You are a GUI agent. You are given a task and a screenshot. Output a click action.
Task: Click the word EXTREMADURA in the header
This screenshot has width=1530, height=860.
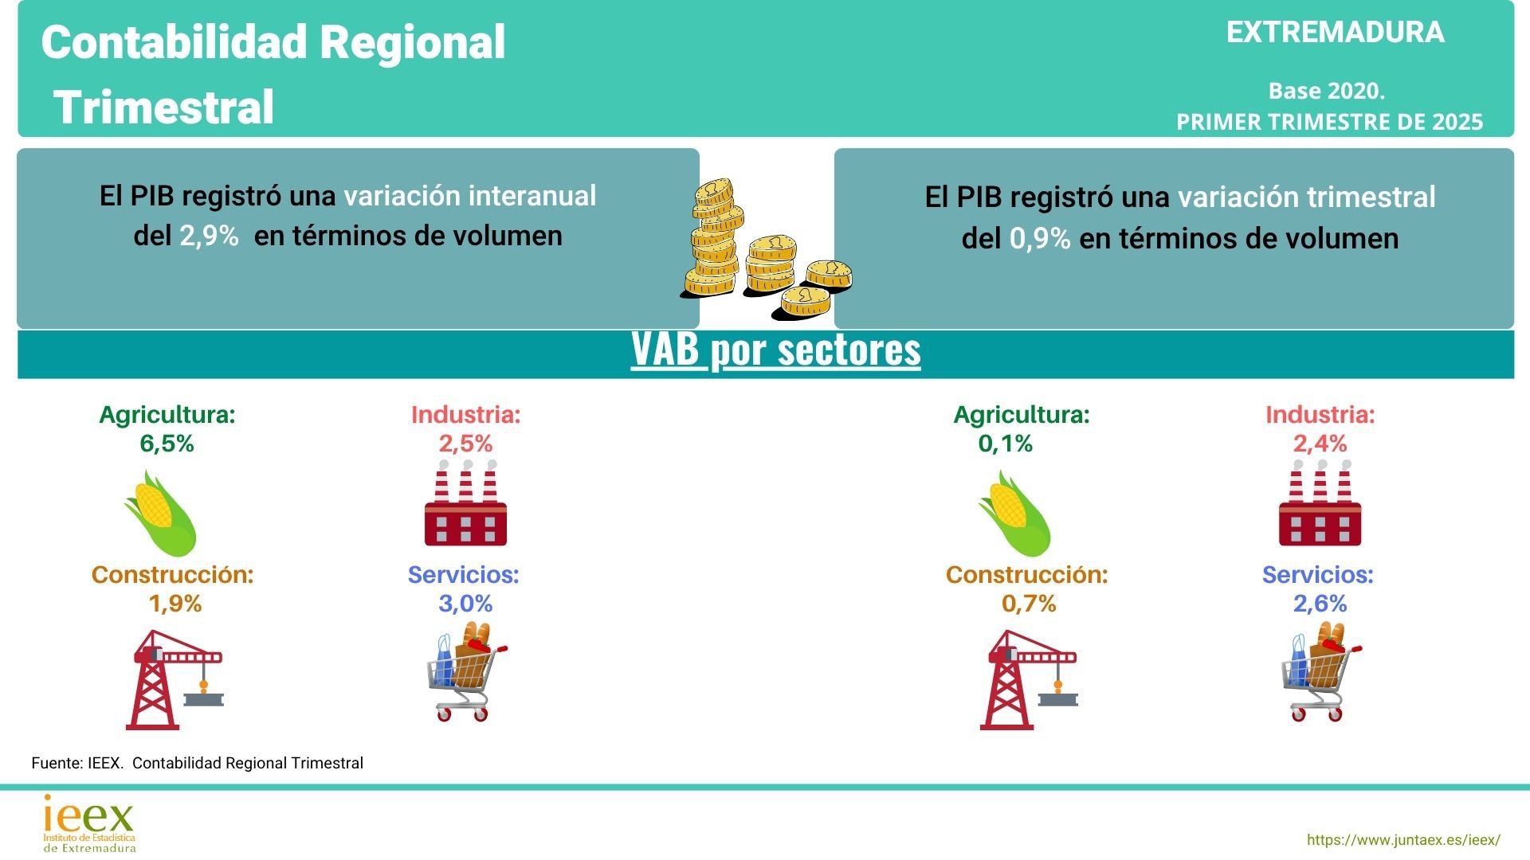[x=1335, y=32]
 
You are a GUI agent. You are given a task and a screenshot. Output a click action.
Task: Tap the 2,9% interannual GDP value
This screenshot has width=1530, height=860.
[x=209, y=236]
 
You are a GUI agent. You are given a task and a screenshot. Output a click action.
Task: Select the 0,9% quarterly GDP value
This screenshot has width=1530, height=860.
[x=1040, y=238]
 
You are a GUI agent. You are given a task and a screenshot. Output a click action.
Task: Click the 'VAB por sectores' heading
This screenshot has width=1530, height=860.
[x=775, y=350]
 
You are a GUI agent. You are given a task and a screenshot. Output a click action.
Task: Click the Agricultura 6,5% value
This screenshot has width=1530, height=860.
[x=167, y=444]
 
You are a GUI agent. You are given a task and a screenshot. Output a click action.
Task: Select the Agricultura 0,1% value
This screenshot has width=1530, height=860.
[x=1006, y=444]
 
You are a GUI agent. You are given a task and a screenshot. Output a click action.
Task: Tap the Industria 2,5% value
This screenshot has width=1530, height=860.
[x=465, y=444]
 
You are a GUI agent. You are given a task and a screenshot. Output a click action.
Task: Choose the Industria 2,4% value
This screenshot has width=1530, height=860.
[x=1320, y=444]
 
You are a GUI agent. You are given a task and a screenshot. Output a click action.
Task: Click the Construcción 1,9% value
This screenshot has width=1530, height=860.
[x=175, y=604]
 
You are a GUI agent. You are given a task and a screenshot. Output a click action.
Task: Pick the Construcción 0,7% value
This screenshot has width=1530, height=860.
[x=1029, y=604]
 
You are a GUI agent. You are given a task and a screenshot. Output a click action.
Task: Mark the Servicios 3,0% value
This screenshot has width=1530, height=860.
[x=465, y=604]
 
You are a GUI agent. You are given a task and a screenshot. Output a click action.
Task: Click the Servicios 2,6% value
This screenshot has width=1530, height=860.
[x=1320, y=604]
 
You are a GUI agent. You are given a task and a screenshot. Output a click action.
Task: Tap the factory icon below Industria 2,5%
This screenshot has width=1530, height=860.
[x=466, y=503]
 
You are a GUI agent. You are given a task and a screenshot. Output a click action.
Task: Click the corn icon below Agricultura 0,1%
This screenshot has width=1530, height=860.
[x=1014, y=514]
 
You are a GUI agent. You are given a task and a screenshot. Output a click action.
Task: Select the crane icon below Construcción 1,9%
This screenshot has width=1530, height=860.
[x=175, y=679]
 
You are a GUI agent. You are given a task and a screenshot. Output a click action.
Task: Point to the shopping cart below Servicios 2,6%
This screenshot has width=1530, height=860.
[x=1321, y=671]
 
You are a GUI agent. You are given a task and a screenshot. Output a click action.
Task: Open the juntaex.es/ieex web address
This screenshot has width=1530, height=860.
[x=1403, y=840]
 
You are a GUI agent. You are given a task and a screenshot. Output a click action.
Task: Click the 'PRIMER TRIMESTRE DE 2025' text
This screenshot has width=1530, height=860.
[x=1329, y=122]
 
